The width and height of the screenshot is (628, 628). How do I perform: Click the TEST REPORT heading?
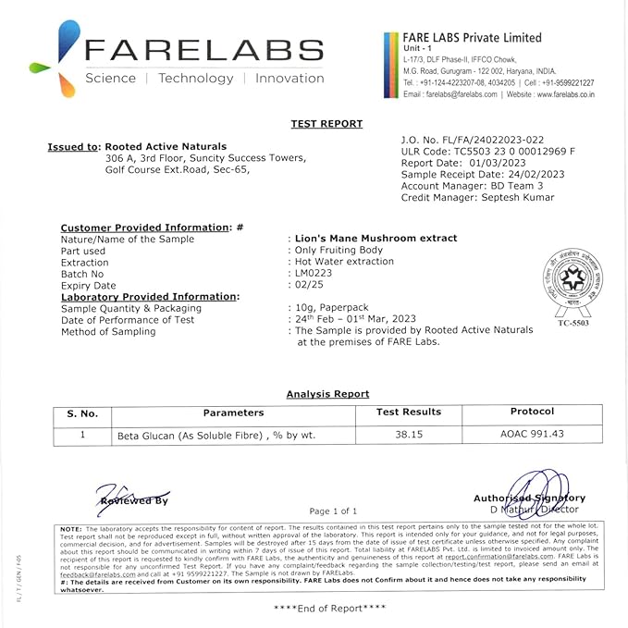pos(326,124)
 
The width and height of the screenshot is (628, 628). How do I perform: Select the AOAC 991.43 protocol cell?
pos(532,433)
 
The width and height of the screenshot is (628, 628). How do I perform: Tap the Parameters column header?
pos(233,413)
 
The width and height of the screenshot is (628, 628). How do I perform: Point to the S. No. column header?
pos(82,413)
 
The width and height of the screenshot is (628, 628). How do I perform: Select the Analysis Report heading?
pos(327,394)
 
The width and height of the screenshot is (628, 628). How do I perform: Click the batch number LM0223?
pos(313,274)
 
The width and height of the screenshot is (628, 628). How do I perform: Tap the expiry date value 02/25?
pos(307,286)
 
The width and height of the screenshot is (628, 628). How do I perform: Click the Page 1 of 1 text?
pos(333,511)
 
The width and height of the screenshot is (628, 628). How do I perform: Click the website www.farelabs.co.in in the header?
pos(564,94)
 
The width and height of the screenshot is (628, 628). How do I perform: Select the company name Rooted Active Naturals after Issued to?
pos(166,146)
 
